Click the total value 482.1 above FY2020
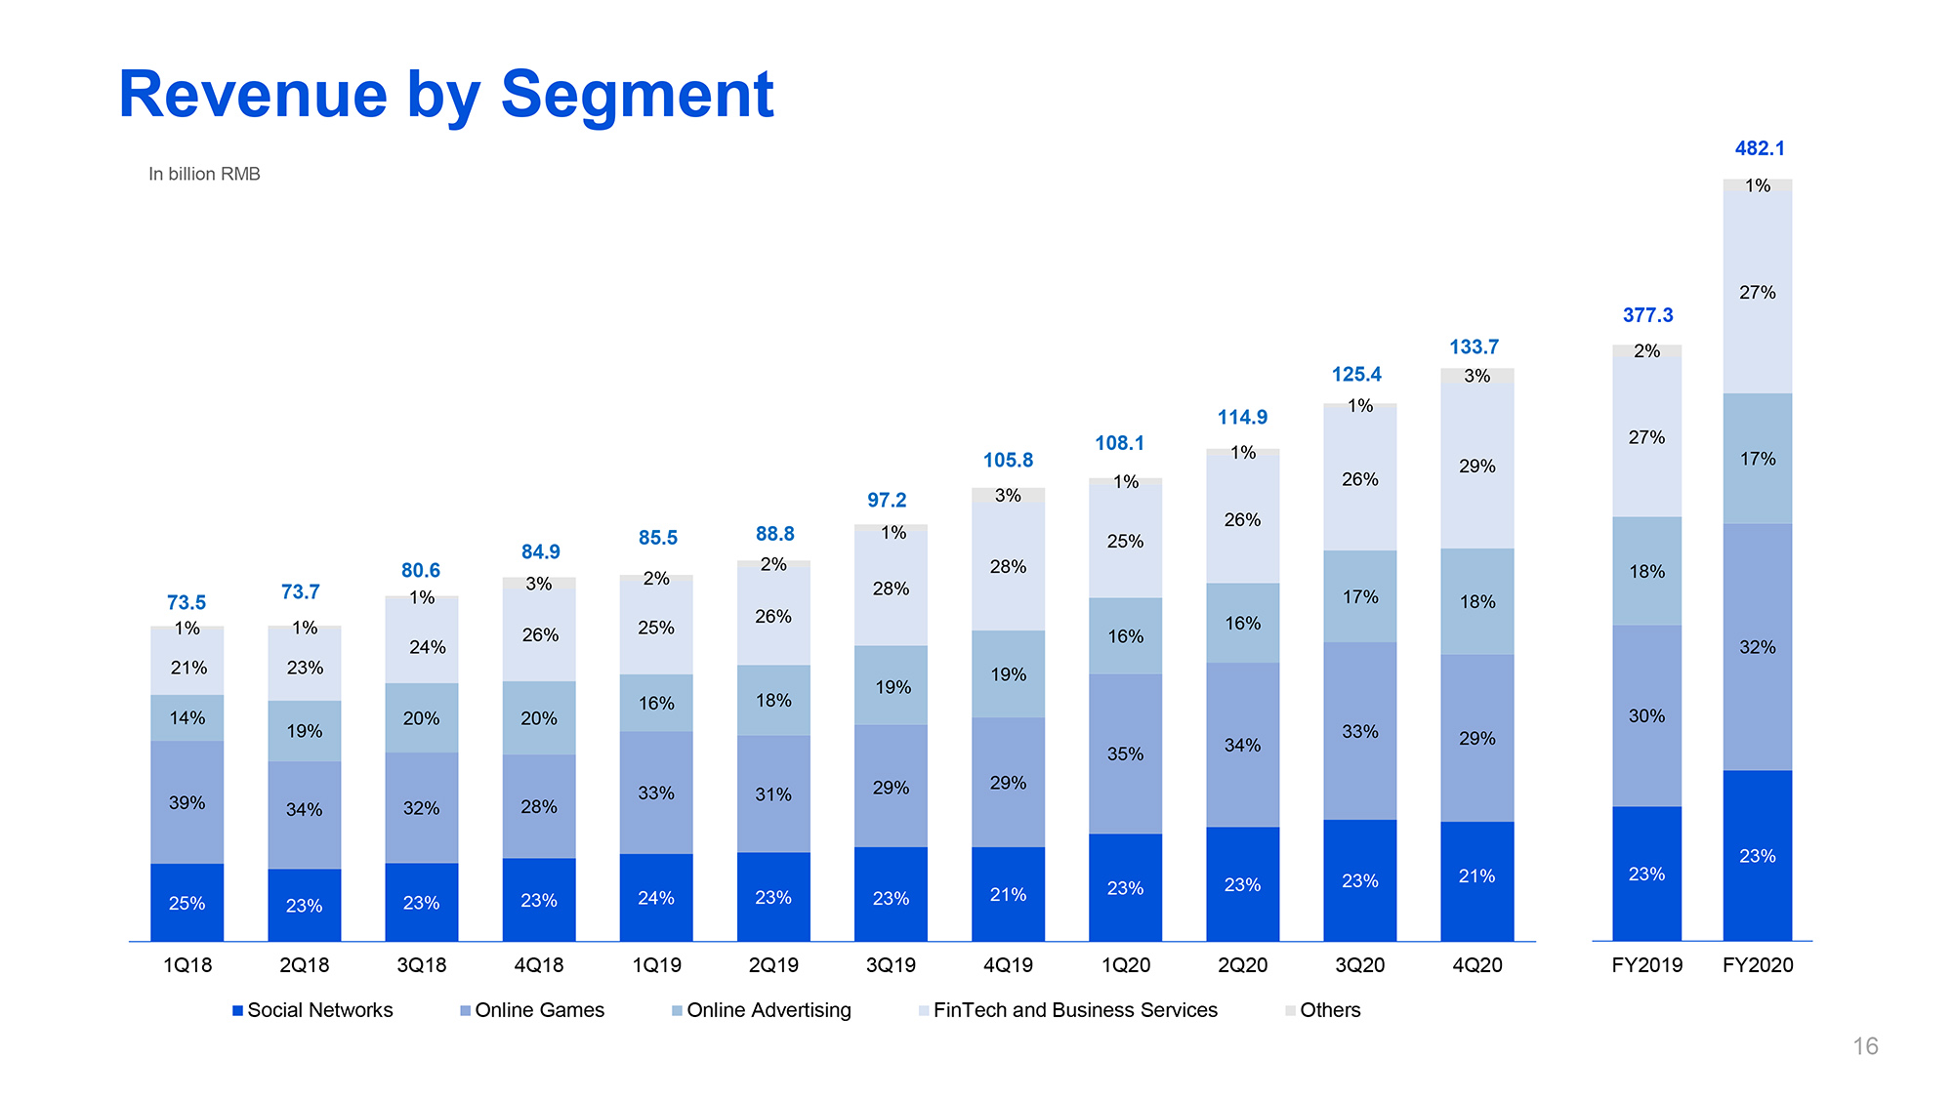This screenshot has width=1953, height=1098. click(1759, 148)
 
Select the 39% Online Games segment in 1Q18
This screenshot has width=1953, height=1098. click(187, 802)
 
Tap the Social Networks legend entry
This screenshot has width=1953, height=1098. click(312, 1010)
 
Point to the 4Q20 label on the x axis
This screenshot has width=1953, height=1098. click(1476, 965)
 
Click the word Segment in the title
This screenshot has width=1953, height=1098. click(637, 95)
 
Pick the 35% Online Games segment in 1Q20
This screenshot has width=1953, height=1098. click(1125, 753)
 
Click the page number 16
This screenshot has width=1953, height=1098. click(1865, 1046)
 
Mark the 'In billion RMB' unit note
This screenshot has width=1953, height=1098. click(204, 174)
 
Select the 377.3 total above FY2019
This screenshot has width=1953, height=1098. click(1647, 315)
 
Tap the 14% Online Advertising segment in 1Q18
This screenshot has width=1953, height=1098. click(187, 718)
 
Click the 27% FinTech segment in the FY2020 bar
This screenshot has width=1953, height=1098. click(1757, 292)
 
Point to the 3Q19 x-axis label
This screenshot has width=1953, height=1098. click(891, 965)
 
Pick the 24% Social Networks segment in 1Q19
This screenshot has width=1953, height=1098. click(656, 898)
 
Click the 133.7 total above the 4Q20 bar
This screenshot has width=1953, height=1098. click(1474, 346)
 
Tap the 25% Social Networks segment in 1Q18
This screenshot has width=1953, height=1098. click(187, 903)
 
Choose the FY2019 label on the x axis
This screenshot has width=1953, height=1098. click(1646, 965)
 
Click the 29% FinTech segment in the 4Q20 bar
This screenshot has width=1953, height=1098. click(1476, 466)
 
